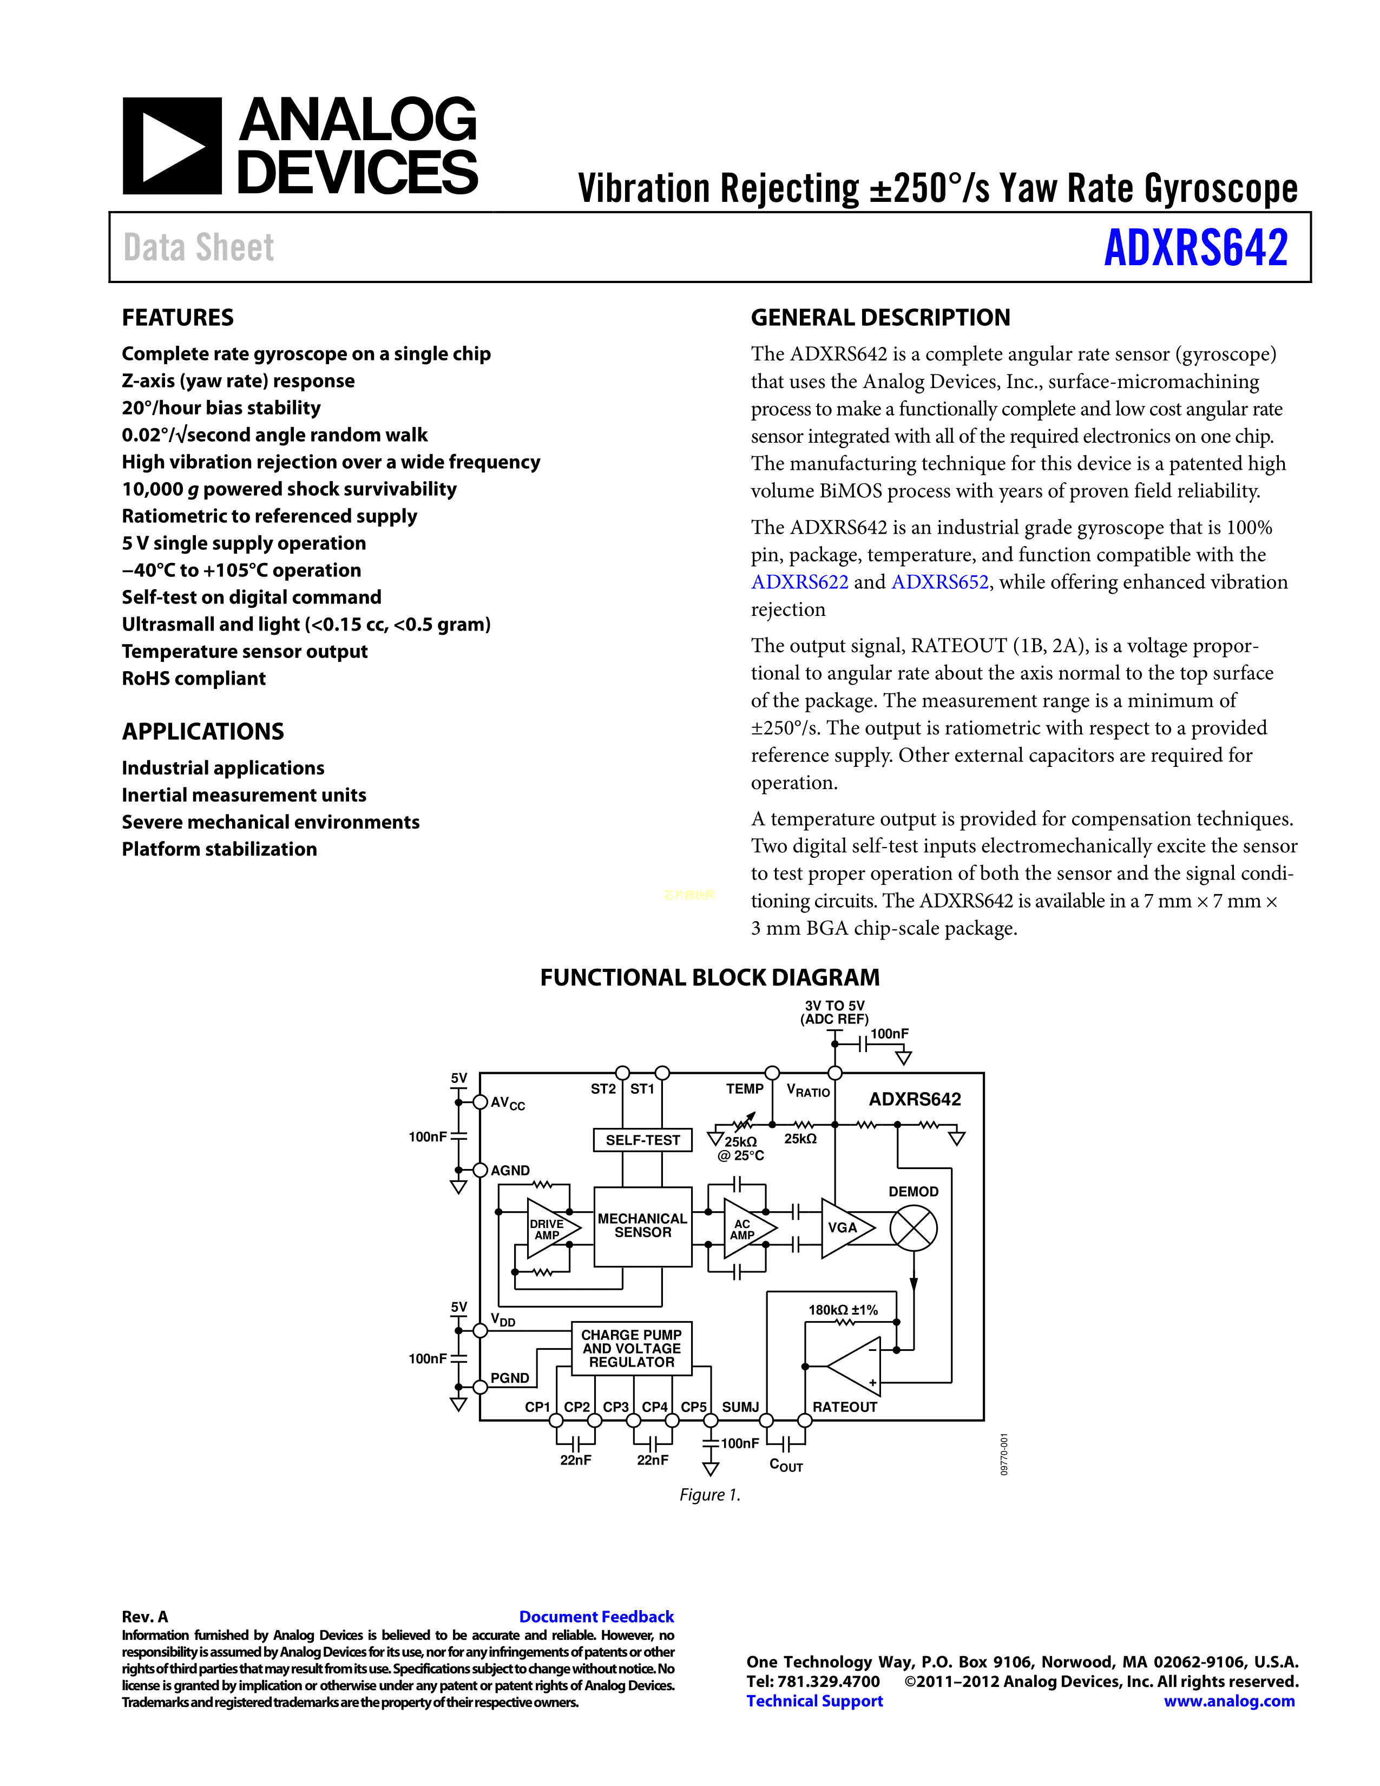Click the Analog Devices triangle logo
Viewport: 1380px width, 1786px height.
pyautogui.click(x=172, y=146)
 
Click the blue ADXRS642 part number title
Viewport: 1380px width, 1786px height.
pyautogui.click(x=1195, y=248)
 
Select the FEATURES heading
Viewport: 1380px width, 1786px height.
pyautogui.click(x=178, y=317)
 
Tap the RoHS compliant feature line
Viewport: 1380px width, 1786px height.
pyautogui.click(x=194, y=679)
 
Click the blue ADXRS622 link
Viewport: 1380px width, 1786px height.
pyautogui.click(x=799, y=582)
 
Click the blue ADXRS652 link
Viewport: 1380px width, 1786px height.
pyautogui.click(x=939, y=582)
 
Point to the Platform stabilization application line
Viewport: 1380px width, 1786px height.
pyautogui.click(x=219, y=850)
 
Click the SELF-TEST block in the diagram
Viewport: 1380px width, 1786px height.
pyautogui.click(x=642, y=1140)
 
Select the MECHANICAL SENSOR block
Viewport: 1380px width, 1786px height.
pyautogui.click(x=642, y=1226)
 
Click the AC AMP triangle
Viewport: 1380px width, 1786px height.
pyautogui.click(x=746, y=1229)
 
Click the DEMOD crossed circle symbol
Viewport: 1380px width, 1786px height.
pyautogui.click(x=913, y=1229)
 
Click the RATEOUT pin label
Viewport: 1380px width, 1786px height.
pyautogui.click(x=845, y=1407)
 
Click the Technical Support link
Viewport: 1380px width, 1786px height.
pyautogui.click(x=814, y=1701)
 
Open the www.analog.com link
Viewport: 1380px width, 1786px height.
pyautogui.click(x=1229, y=1701)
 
